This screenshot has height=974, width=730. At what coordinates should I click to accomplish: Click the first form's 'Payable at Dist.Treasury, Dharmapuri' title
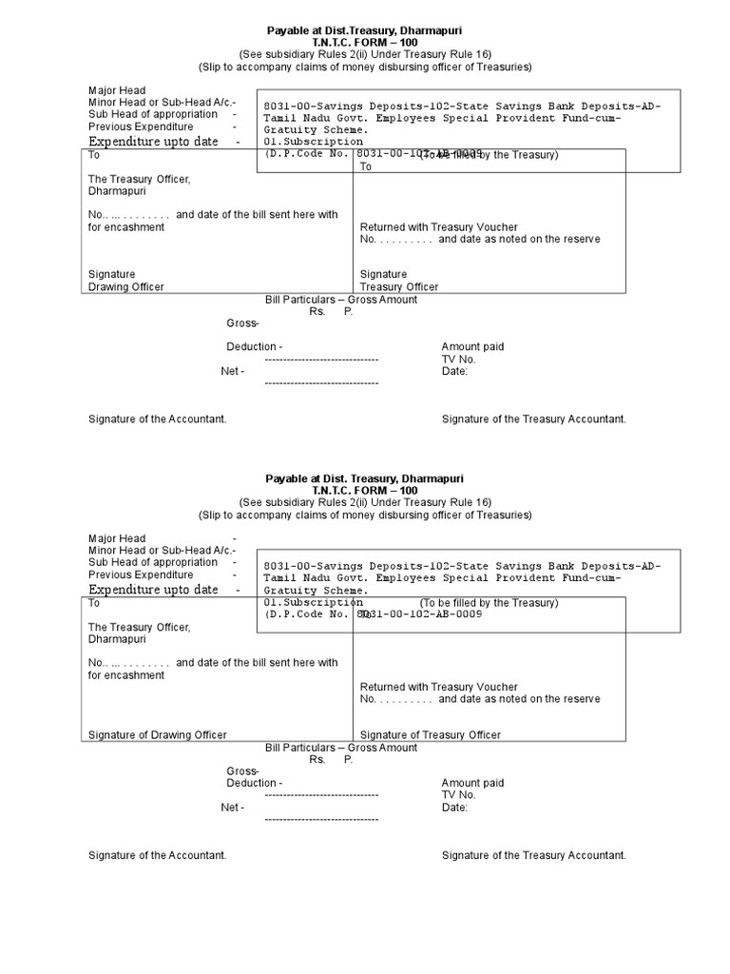(365, 31)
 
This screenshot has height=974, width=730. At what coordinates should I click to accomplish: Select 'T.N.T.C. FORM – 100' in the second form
(365, 491)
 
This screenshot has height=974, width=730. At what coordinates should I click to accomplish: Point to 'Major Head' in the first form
(117, 90)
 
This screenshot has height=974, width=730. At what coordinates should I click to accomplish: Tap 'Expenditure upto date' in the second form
(153, 590)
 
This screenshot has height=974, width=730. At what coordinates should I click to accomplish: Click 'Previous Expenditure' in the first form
(141, 127)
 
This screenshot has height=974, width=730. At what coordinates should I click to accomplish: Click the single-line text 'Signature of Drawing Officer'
(158, 734)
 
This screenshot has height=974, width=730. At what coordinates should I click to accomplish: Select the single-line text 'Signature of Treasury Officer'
(430, 734)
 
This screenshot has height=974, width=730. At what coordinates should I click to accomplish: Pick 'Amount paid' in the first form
(472, 347)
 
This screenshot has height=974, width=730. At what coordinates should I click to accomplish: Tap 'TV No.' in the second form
(458, 794)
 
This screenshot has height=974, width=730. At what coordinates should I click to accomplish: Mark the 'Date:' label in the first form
(454, 371)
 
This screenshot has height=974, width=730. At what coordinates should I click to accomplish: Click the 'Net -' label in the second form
(233, 807)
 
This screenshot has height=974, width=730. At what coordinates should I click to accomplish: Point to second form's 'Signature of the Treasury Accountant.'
(533, 855)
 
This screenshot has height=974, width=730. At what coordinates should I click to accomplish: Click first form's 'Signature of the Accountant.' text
(157, 419)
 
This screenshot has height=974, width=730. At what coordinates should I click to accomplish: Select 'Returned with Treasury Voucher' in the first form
(438, 227)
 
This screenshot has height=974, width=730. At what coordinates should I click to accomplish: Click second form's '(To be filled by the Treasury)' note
(490, 603)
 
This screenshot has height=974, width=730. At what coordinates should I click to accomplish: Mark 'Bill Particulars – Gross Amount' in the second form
(341, 748)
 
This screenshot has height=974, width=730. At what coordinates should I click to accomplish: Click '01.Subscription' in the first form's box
(313, 142)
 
